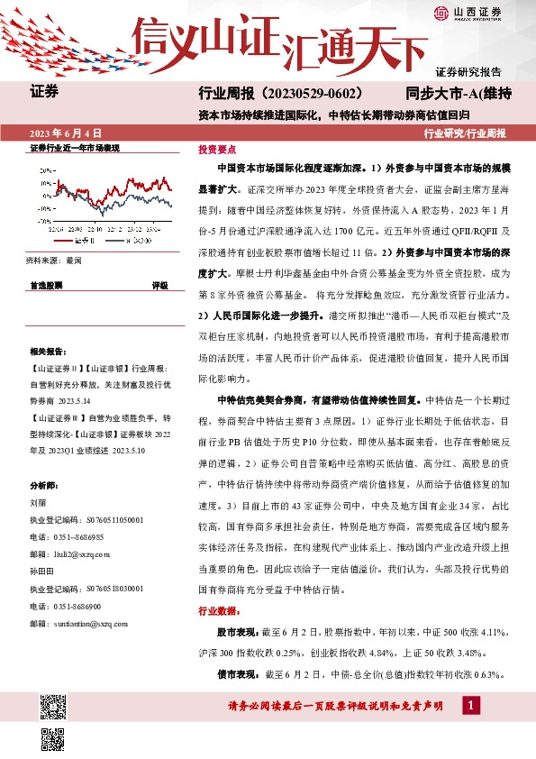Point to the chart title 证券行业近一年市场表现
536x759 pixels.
click(75, 147)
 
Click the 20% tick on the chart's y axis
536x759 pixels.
click(44, 169)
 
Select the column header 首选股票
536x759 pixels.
click(46, 284)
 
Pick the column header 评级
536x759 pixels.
click(159, 284)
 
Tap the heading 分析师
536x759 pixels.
click(45, 484)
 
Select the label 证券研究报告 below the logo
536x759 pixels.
click(468, 71)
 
